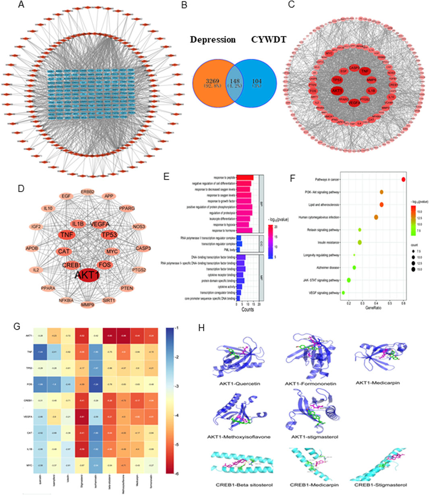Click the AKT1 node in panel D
tap(88, 275)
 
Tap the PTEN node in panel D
tap(127, 288)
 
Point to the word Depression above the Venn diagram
tap(213, 40)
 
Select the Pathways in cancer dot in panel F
tap(403, 180)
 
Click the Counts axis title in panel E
tap(247, 309)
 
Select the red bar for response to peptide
tap(245, 178)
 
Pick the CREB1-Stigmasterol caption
tap(381, 485)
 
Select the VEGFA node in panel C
tap(354, 103)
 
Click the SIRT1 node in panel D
tap(109, 300)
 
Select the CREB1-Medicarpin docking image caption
tap(312, 485)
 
